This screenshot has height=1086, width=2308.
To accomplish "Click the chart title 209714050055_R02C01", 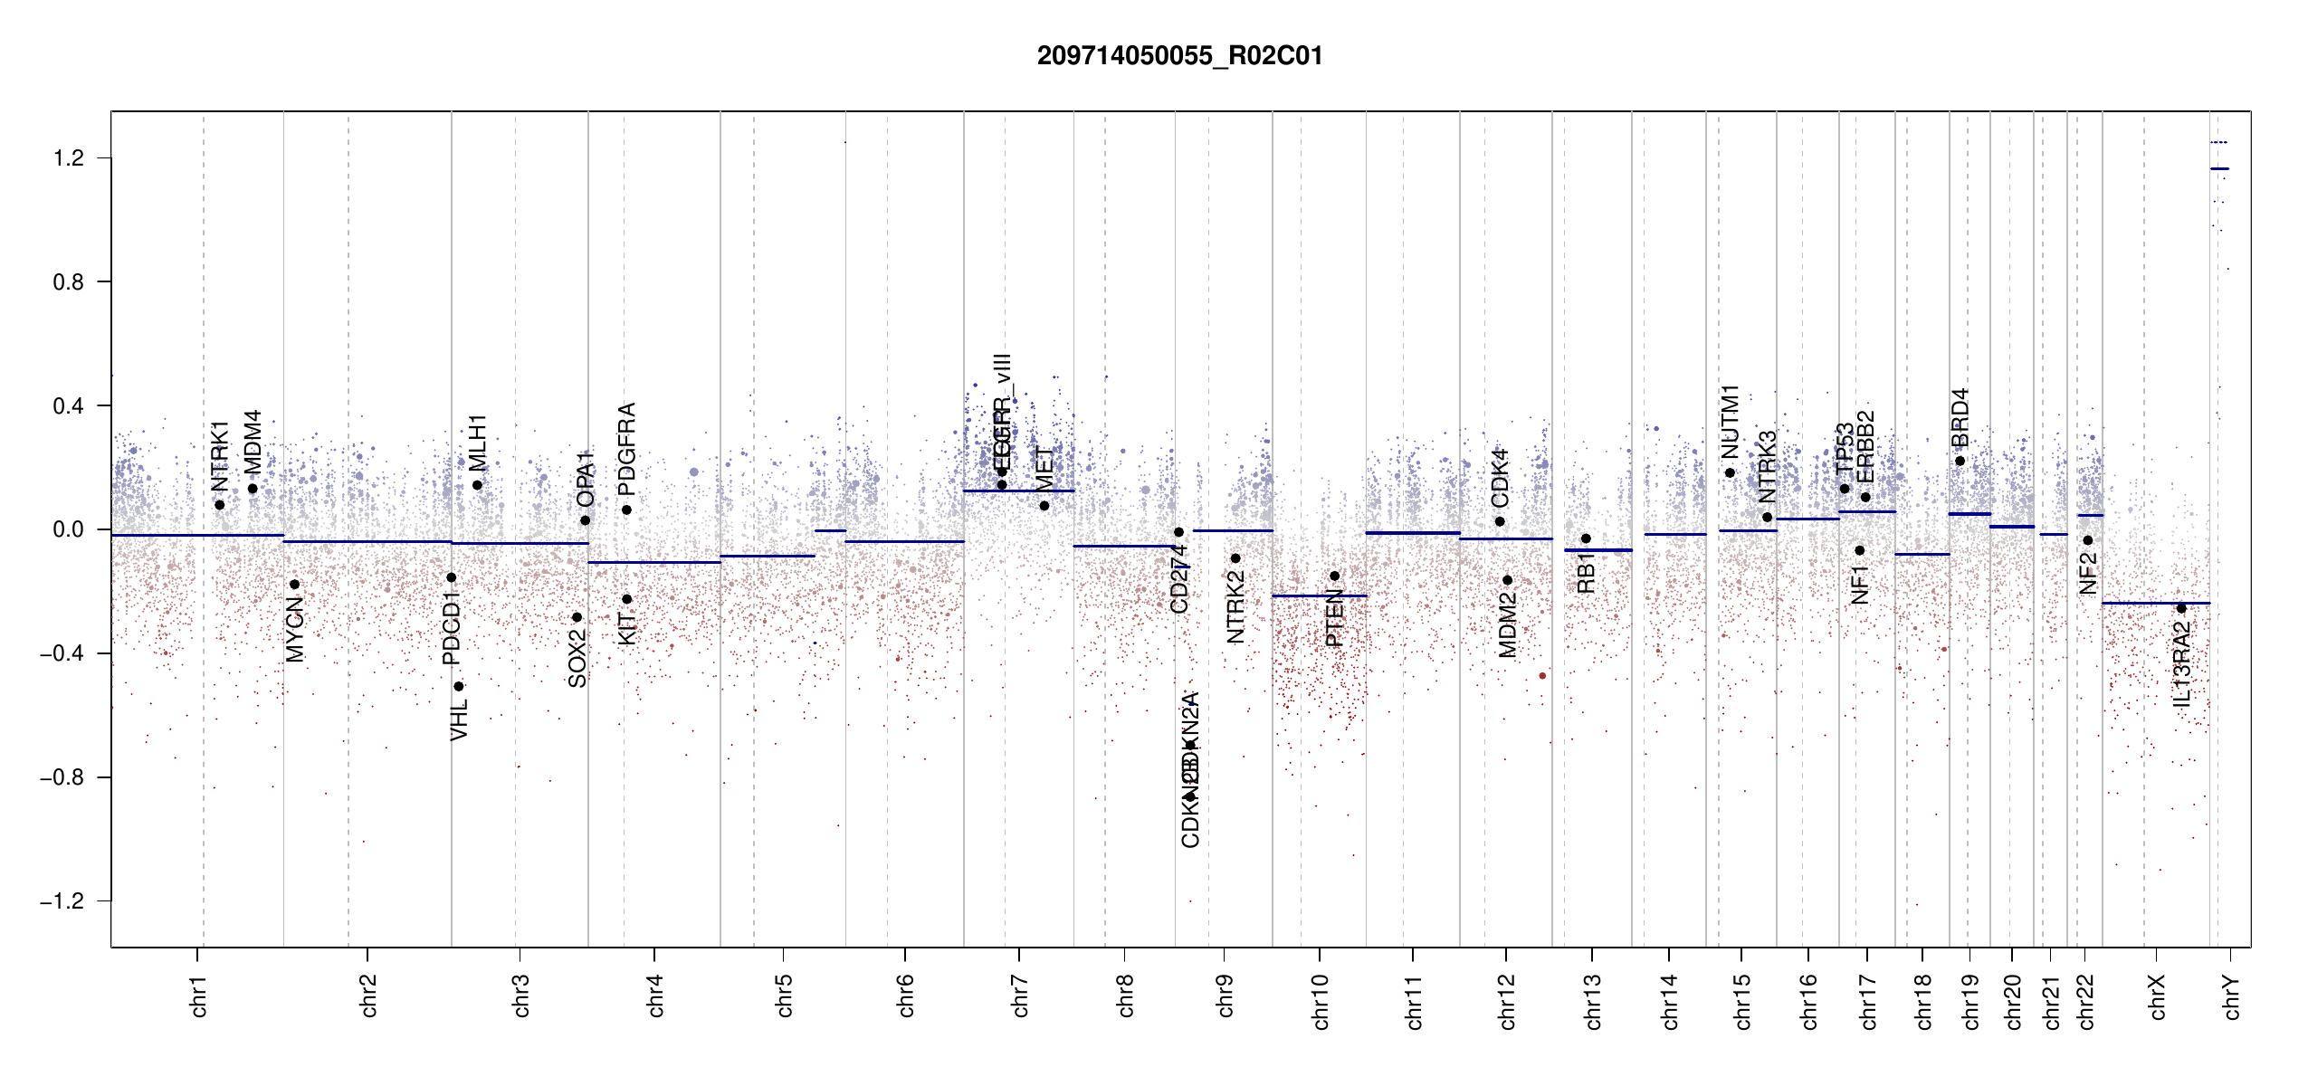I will (x=1179, y=56).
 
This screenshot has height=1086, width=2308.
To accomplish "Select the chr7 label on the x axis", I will (x=1020, y=995).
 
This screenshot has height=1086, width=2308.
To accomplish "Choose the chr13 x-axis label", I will (x=1593, y=1001).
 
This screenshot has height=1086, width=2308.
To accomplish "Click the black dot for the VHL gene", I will (x=459, y=686).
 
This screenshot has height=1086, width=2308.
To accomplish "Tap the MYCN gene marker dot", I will (x=294, y=585).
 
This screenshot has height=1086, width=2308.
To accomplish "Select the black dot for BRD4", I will (x=1960, y=461).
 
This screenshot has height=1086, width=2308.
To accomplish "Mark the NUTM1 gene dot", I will (x=1730, y=472).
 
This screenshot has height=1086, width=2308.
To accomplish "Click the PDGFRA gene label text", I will (x=626, y=449).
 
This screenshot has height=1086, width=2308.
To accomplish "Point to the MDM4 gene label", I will (x=253, y=442).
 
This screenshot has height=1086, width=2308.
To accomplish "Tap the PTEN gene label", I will (x=1334, y=617).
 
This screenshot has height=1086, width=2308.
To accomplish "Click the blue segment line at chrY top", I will (x=2219, y=169).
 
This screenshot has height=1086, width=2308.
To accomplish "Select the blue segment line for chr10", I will (x=1319, y=595).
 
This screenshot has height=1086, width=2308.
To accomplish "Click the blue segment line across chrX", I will (x=2155, y=603).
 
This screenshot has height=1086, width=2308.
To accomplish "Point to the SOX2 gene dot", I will (x=577, y=617).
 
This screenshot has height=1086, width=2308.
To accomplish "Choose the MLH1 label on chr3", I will (x=478, y=442).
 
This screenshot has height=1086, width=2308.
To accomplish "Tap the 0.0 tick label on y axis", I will (x=69, y=529).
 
